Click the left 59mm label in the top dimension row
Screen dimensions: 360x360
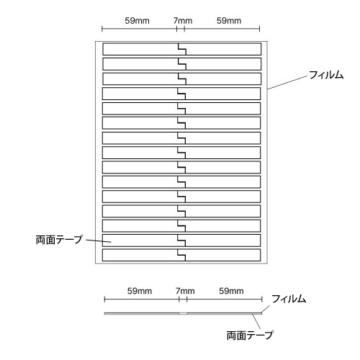point(137,21)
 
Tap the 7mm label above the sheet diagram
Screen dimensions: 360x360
point(183,21)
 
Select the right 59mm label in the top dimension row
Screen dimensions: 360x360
point(229,21)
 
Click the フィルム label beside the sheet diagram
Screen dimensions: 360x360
point(326,75)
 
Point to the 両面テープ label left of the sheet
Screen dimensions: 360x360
point(59,240)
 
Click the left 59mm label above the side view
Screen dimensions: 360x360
point(140,291)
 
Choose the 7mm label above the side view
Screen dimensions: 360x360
point(185,291)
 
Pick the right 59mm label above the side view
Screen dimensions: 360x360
point(231,291)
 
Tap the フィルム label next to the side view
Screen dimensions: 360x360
point(289,299)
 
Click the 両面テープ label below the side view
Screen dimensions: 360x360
point(250,335)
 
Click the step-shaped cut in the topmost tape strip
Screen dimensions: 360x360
point(182,49)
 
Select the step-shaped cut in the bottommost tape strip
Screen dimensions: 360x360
point(181,255)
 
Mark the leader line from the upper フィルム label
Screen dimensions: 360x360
point(287,83)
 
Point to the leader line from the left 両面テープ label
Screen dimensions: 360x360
point(99,241)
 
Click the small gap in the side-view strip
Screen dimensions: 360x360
point(183,313)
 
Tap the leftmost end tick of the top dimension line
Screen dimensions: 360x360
point(102,29)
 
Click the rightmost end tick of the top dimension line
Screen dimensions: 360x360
point(259,29)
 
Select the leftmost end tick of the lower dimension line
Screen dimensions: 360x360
point(104,300)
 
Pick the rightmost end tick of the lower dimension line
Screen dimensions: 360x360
point(262,300)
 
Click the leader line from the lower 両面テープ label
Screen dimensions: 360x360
point(256,321)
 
